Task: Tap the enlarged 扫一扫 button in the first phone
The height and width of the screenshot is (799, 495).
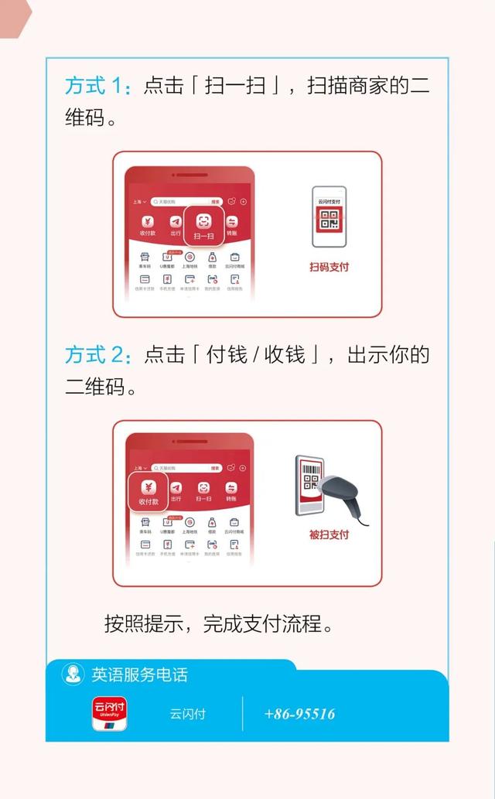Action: coord(203,225)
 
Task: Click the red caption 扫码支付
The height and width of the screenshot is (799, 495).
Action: coord(329,267)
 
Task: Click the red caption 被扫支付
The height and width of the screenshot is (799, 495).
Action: coord(329,534)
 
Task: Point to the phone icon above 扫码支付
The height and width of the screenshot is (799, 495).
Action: coord(329,217)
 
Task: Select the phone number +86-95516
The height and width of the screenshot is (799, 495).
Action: coord(299,713)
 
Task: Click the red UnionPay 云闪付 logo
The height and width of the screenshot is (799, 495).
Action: coord(110,713)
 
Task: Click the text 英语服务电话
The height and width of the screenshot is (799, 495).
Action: coord(139,674)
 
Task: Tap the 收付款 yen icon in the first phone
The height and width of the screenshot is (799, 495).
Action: coord(148,224)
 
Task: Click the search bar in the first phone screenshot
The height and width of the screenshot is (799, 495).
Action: coord(186,201)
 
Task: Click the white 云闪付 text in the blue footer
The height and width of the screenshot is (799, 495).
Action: coord(188,714)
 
